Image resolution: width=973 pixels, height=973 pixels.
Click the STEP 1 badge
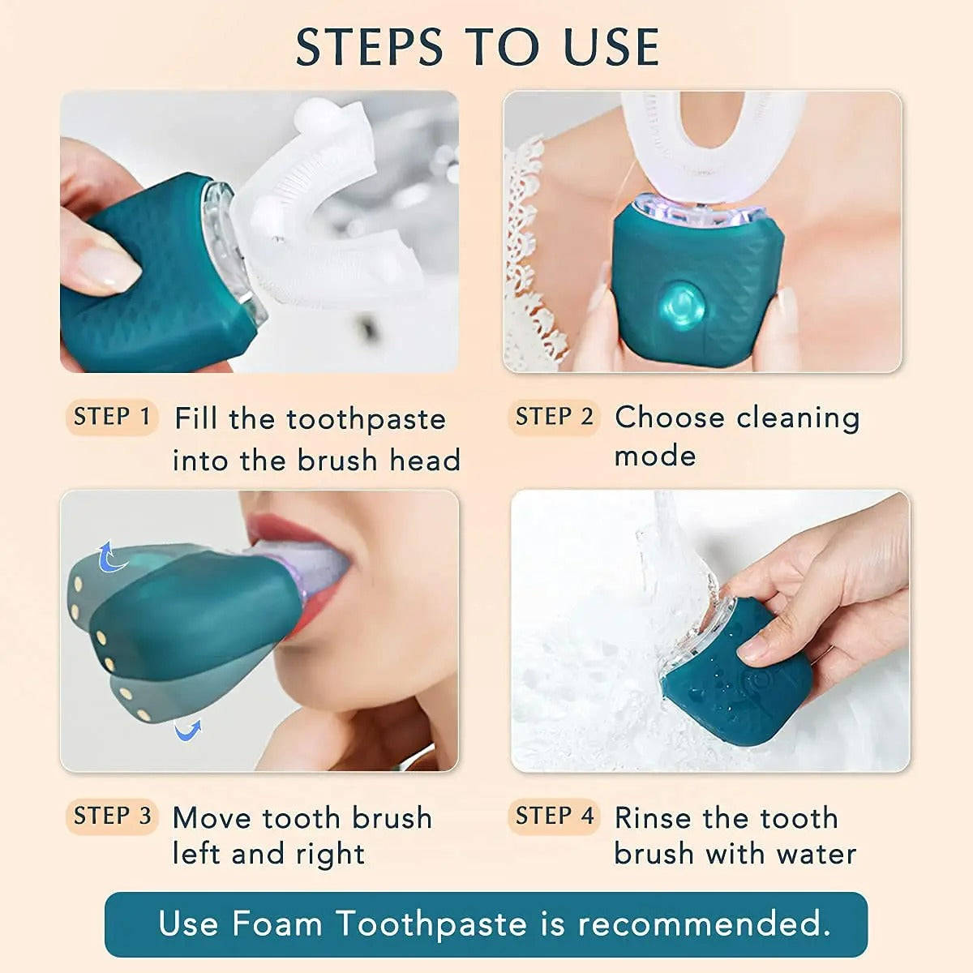tap(111, 418)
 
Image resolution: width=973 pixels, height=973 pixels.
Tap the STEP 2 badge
tap(554, 418)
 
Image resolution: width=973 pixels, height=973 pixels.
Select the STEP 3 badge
tap(112, 817)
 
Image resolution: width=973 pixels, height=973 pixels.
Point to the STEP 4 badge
tap(555, 817)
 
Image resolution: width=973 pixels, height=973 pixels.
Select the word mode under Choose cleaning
tap(655, 456)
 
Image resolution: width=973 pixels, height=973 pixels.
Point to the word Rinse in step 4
tap(654, 817)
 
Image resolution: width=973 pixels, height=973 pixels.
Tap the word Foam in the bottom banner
tap(276, 924)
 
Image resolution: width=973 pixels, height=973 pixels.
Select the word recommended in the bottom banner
tap(703, 924)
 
